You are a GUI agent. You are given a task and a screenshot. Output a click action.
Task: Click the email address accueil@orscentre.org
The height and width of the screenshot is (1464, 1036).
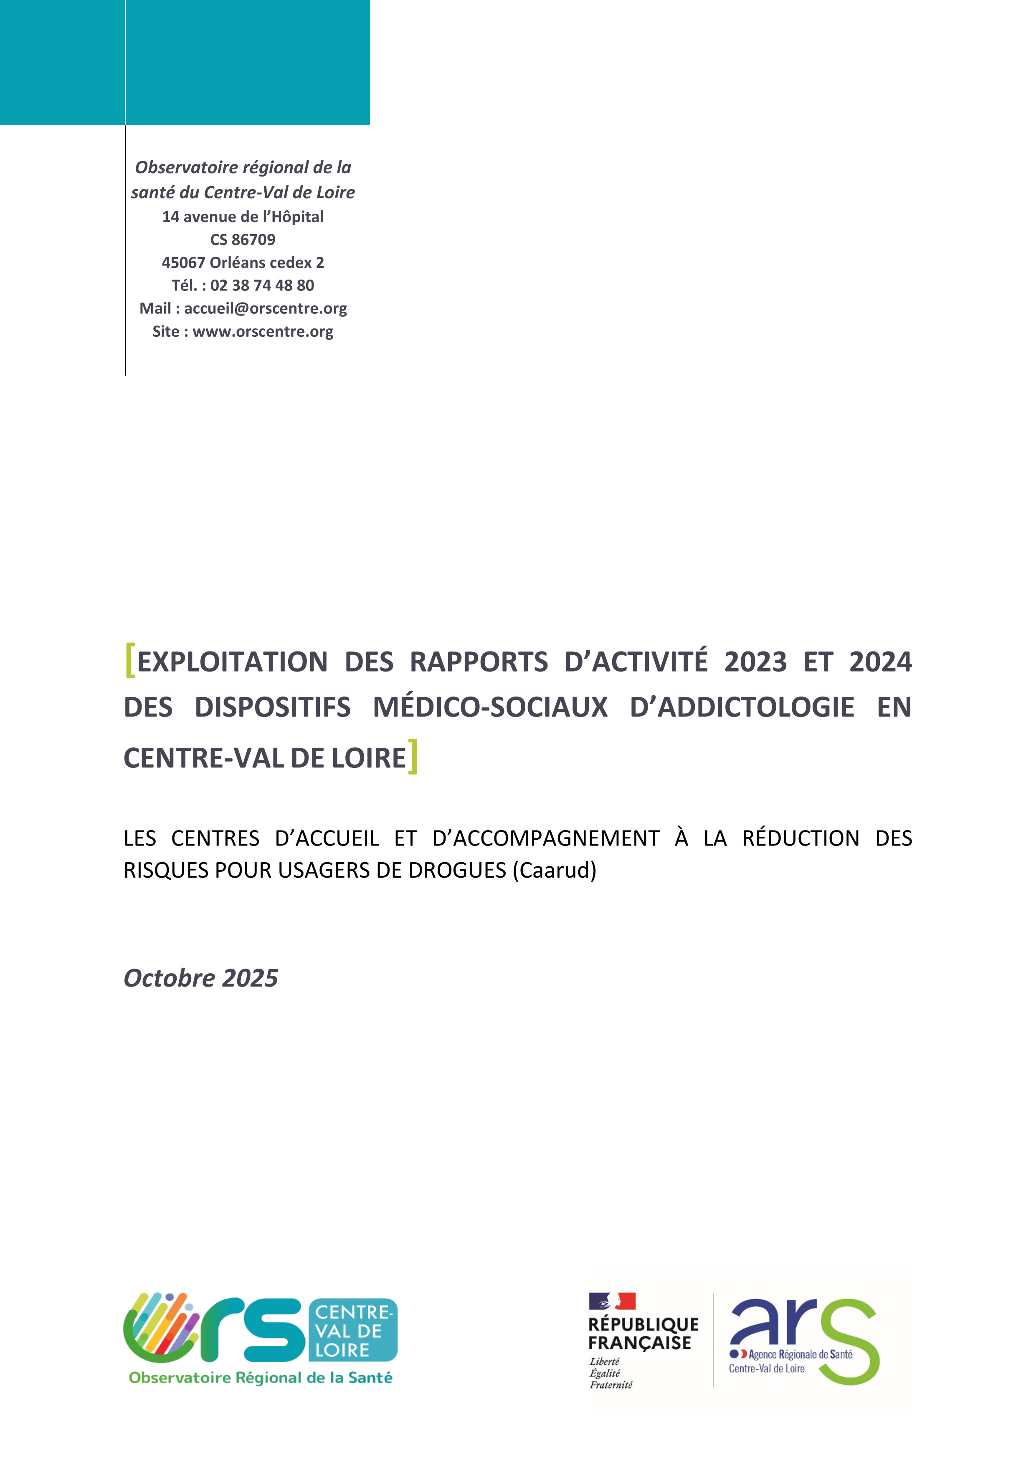[x=266, y=308]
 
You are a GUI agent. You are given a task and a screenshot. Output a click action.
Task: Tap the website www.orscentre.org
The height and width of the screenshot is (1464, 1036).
[x=263, y=331]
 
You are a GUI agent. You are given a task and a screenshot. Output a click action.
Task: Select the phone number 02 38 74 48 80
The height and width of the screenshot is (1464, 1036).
[x=262, y=285]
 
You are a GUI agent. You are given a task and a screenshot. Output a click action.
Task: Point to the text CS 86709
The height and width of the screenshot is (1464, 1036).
[x=243, y=240]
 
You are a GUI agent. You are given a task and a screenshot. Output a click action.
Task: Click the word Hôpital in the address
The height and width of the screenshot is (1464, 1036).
[x=298, y=217]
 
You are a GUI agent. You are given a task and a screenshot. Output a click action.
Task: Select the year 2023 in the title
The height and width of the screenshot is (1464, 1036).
[x=755, y=662]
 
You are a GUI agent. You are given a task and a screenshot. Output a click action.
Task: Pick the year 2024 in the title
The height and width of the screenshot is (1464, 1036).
[x=880, y=662]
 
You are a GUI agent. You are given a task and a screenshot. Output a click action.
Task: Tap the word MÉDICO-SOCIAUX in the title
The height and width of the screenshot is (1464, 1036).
[x=490, y=707]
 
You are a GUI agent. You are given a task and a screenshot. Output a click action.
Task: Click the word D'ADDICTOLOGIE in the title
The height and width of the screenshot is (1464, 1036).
[x=742, y=707]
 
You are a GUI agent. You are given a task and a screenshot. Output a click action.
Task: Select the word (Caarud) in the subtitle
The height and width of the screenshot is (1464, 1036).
[x=555, y=871]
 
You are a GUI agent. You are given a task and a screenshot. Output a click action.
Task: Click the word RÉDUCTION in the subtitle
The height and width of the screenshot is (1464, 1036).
[x=800, y=838]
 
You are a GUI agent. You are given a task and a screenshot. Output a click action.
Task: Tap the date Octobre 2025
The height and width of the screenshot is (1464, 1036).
[x=201, y=978]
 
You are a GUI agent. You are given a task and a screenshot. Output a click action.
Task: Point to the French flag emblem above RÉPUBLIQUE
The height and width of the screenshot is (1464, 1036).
[x=612, y=1301]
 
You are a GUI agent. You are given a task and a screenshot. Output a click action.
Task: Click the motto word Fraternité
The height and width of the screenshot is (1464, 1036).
[x=610, y=1385]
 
